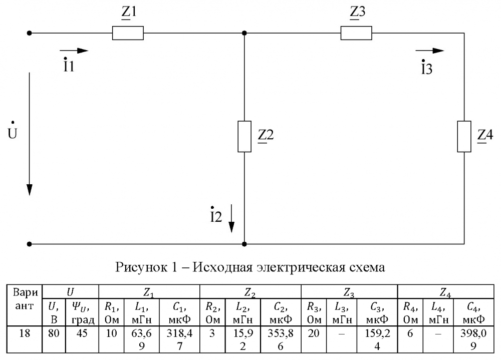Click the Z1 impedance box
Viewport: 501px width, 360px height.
(128, 33)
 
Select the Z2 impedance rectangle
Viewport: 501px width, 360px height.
(244, 136)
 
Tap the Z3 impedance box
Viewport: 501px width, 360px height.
(356, 33)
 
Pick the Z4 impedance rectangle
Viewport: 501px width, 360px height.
(464, 136)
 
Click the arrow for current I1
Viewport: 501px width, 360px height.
(74, 51)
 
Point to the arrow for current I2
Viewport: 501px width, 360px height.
(231, 218)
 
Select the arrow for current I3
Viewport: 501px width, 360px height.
(430, 51)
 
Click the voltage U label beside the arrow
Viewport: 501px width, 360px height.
(12, 131)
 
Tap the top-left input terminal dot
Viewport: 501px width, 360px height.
(30, 33)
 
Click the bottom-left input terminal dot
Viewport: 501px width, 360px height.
(30, 244)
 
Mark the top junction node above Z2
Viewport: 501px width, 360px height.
(244, 33)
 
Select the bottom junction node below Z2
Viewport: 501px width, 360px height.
(244, 244)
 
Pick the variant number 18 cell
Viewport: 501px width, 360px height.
(24, 333)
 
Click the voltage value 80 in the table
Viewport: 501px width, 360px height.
(54, 333)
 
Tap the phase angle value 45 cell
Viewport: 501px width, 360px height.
(82, 333)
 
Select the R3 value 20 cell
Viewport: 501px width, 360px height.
(314, 333)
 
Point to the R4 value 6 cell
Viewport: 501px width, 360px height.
(410, 333)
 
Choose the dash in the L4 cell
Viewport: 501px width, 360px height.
(438, 334)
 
